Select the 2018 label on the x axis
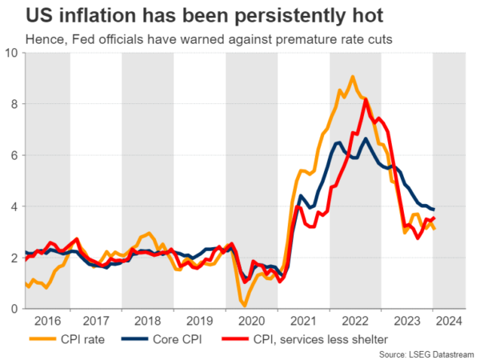(x=149, y=321)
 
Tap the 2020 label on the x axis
(x=252, y=321)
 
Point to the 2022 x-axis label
(x=355, y=321)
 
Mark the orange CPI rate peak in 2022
(x=352, y=77)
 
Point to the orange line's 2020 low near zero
(x=243, y=305)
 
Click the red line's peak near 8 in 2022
(x=366, y=99)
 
